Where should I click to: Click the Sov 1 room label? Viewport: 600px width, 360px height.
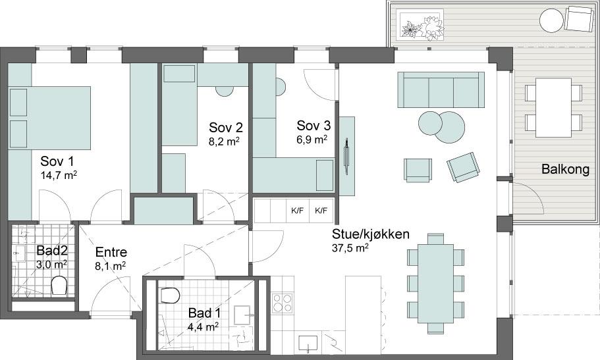pyautogui.click(x=57, y=161)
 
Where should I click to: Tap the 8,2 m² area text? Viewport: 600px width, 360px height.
pyautogui.click(x=224, y=141)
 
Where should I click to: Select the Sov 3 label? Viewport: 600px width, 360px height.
pyautogui.click(x=314, y=126)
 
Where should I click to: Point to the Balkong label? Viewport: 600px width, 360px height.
pyautogui.click(x=565, y=169)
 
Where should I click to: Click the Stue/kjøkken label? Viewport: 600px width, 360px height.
pyautogui.click(x=370, y=234)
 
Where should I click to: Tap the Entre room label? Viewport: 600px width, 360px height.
pyautogui.click(x=111, y=252)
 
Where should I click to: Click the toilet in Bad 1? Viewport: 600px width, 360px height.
pyautogui.click(x=171, y=296)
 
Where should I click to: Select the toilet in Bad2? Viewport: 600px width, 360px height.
pyautogui.click(x=59, y=286)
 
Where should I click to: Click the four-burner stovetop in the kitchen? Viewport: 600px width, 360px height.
pyautogui.click(x=283, y=303)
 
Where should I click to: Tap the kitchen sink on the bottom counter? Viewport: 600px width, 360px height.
pyautogui.click(x=308, y=343)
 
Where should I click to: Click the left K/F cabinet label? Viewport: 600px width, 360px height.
pyautogui.click(x=297, y=210)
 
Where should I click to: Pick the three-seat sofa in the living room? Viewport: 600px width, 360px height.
pyautogui.click(x=441, y=90)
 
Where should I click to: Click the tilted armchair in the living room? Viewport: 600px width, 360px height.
pyautogui.click(x=464, y=167)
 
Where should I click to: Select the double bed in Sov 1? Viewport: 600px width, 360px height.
pyautogui.click(x=50, y=118)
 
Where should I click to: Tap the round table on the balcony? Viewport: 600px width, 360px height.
pyautogui.click(x=551, y=20)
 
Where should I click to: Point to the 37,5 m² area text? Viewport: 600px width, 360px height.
pyautogui.click(x=350, y=248)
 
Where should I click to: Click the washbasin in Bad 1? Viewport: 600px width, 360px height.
pyautogui.click(x=242, y=315)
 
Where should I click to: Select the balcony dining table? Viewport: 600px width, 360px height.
pyautogui.click(x=553, y=107)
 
